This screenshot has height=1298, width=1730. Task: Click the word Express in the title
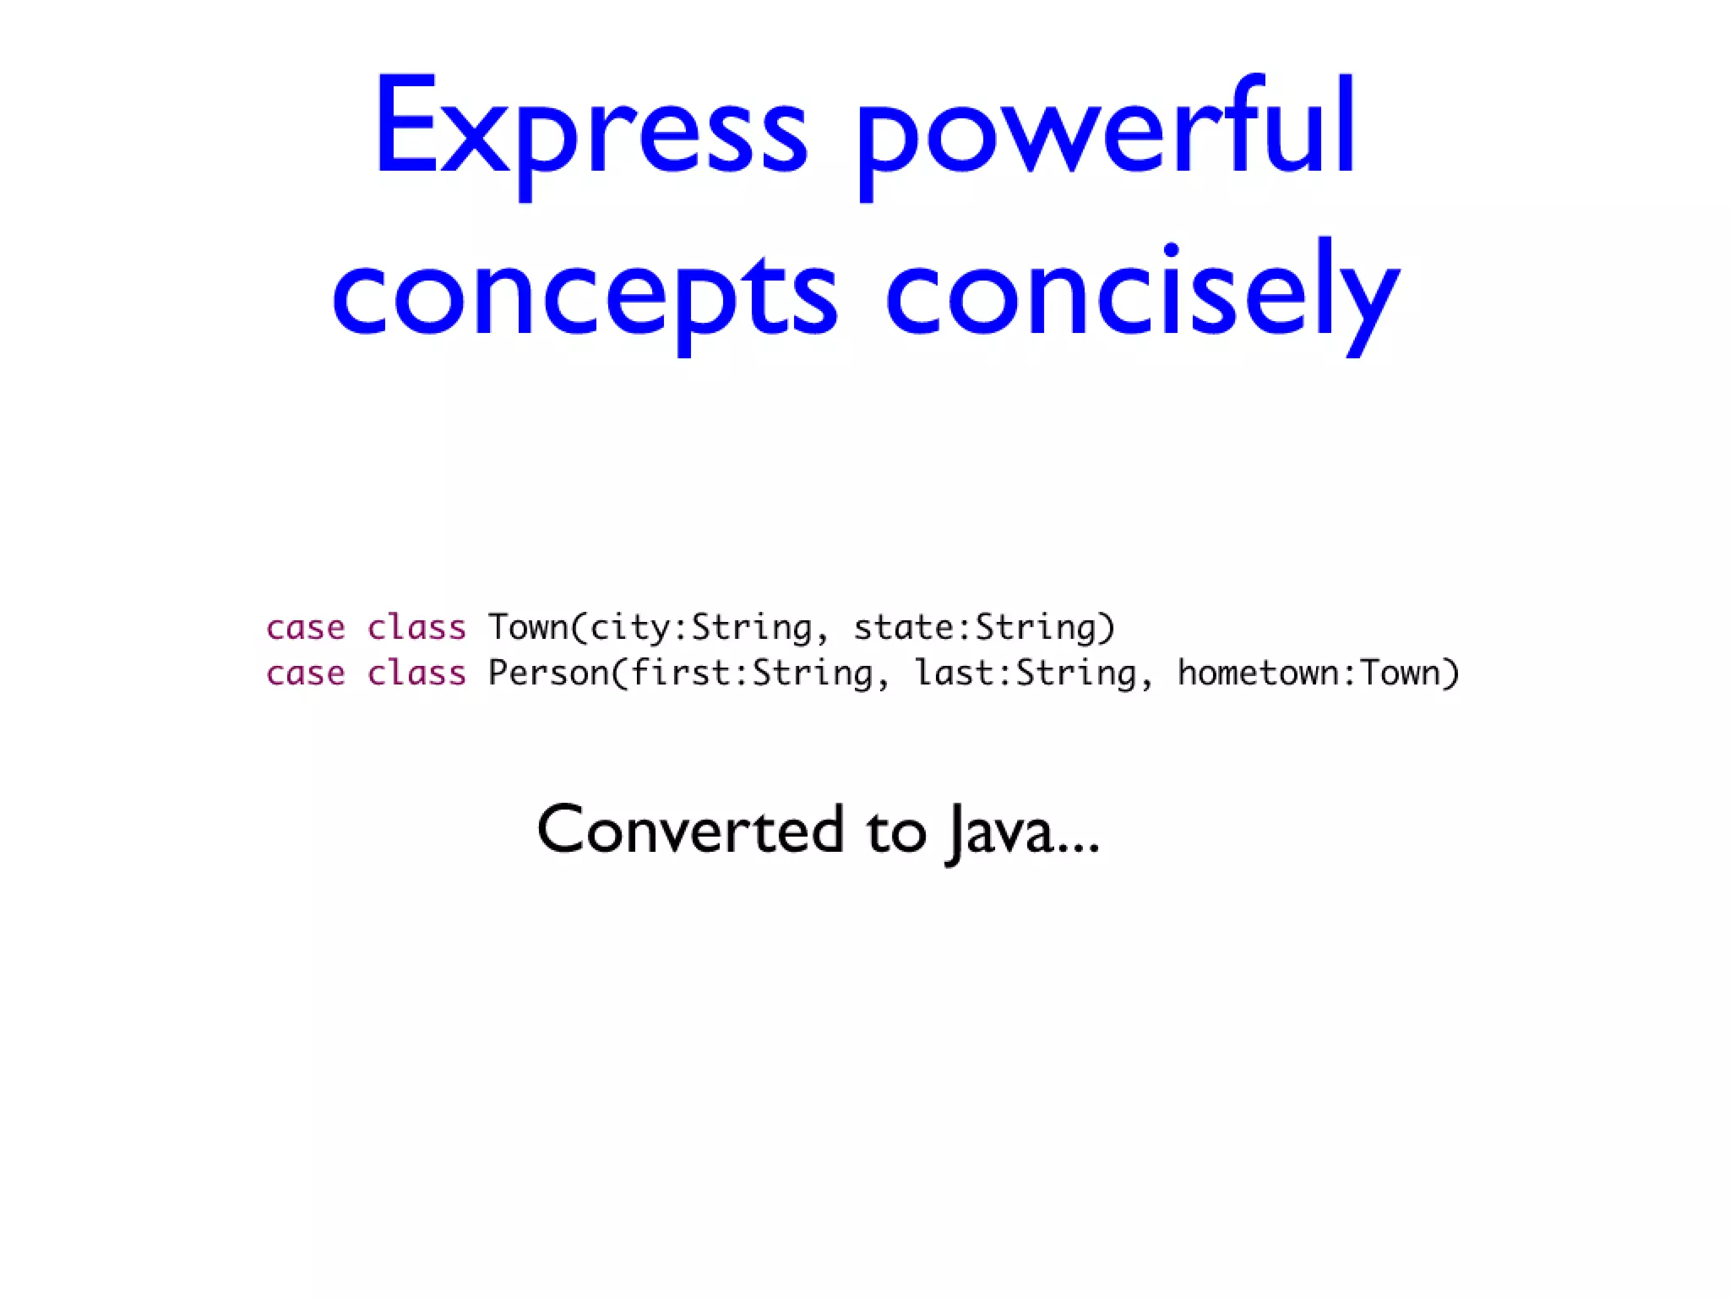tap(591, 127)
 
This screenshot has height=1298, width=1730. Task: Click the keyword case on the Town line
tap(305, 628)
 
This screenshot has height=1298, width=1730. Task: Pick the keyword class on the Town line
tap(416, 628)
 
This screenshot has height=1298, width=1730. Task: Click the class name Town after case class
tap(528, 628)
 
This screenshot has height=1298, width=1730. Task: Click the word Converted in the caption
tap(690, 830)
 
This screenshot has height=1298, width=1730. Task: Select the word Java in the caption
tap(1001, 830)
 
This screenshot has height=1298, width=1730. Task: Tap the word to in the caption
tap(896, 830)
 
